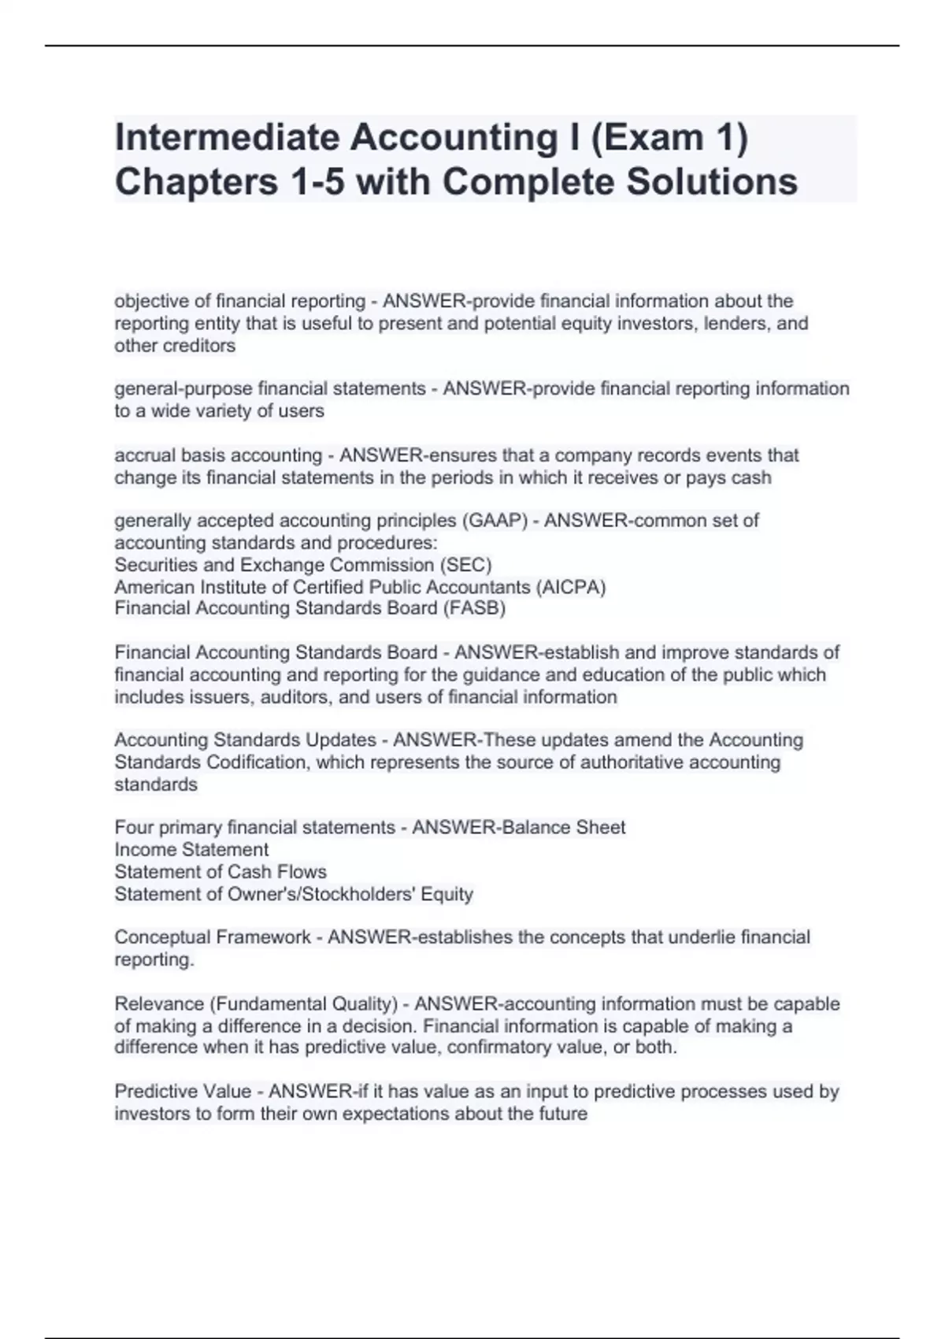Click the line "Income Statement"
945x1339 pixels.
point(191,850)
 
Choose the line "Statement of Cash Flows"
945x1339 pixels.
point(220,872)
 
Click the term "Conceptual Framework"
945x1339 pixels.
point(213,937)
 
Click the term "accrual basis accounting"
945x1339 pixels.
point(218,455)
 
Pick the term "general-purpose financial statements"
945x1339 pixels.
point(270,388)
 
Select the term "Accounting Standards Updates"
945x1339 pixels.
point(245,740)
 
